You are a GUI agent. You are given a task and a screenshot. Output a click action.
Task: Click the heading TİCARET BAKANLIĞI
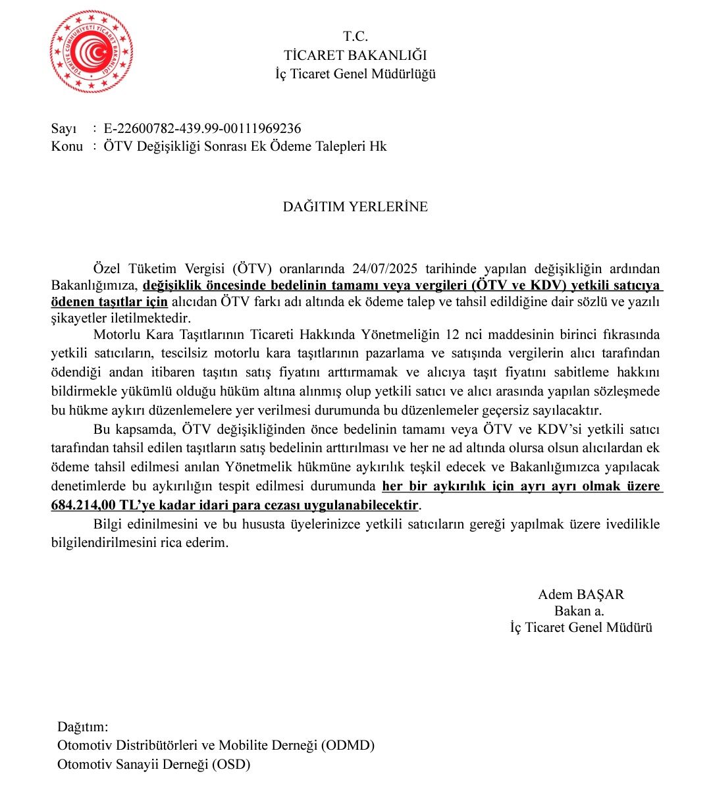[355, 55]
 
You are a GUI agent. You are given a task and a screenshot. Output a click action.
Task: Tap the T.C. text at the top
[355, 37]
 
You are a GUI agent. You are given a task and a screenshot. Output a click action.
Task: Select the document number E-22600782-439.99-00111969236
[202, 128]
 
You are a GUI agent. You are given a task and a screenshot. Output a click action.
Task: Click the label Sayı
[64, 128]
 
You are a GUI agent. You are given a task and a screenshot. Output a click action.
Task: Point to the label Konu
[66, 146]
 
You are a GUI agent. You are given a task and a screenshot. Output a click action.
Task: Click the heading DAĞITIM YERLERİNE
[355, 207]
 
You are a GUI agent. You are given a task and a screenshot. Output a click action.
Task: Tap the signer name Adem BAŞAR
[581, 594]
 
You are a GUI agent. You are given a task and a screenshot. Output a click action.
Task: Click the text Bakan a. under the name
[579, 611]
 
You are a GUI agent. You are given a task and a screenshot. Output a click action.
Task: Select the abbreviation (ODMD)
[348, 746]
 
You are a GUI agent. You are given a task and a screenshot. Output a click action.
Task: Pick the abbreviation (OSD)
[231, 764]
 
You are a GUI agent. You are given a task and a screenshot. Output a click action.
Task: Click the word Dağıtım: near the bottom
[82, 727]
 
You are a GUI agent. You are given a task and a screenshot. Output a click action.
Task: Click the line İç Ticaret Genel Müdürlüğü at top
[355, 74]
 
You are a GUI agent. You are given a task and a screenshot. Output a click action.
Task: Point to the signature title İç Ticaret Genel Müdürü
[581, 627]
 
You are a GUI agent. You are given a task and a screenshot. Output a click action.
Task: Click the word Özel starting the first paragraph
[107, 269]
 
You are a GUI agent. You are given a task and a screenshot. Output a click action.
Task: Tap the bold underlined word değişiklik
[172, 286]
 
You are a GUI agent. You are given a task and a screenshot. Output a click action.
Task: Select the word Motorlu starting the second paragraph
[116, 335]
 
